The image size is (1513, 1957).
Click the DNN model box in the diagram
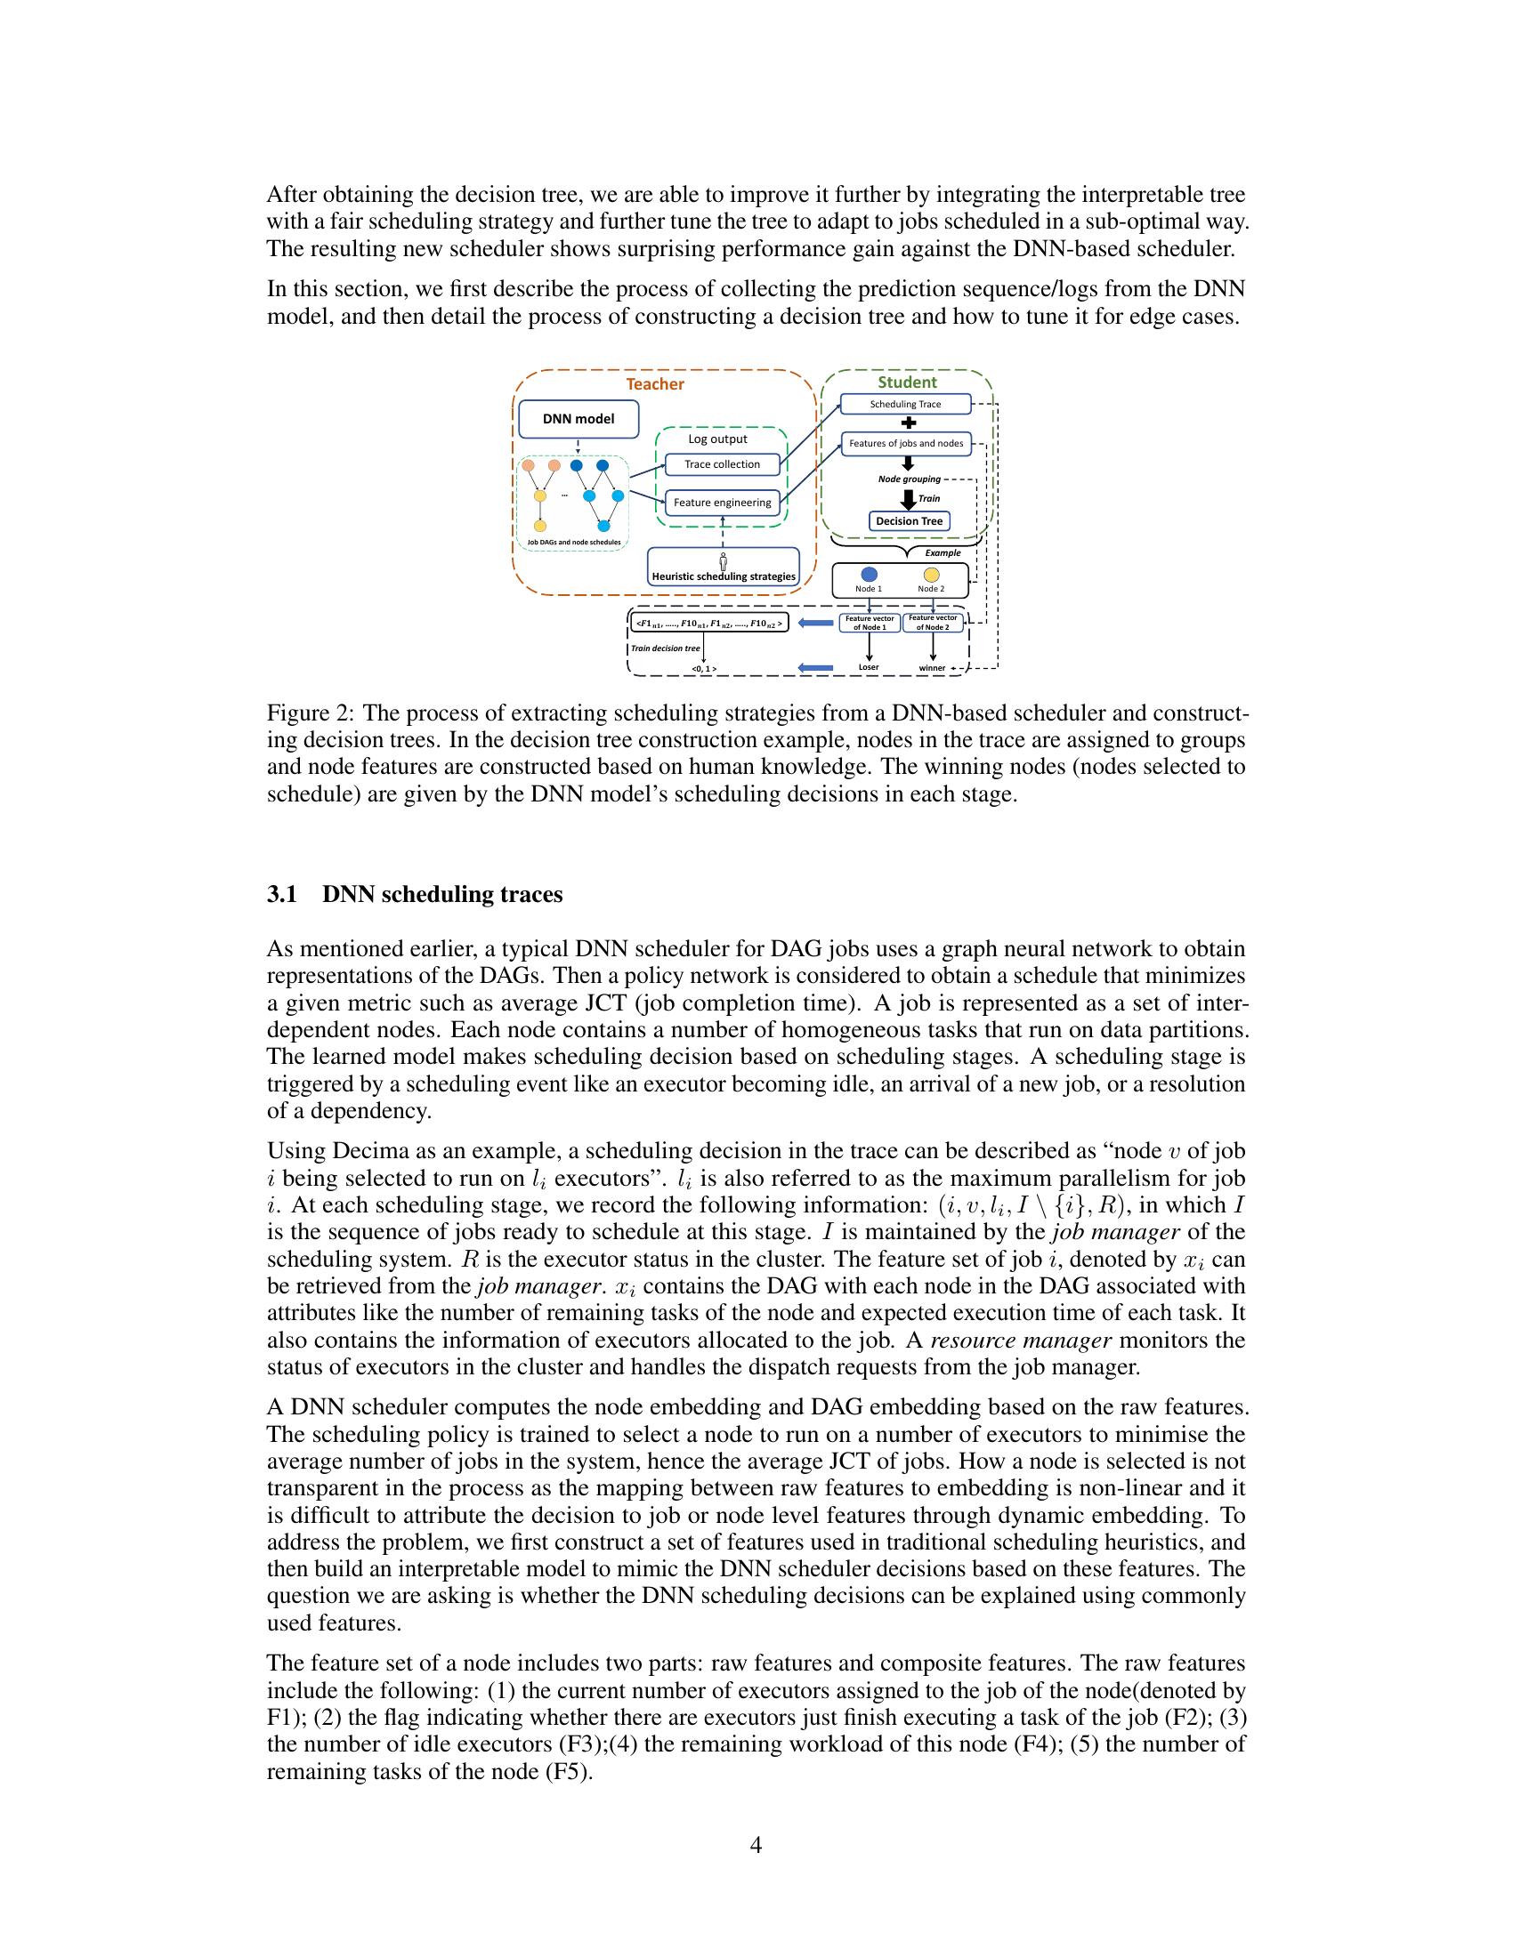click(x=579, y=418)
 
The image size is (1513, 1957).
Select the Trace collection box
click(x=722, y=464)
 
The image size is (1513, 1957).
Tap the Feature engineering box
click(x=722, y=503)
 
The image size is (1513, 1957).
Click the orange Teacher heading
click(x=654, y=384)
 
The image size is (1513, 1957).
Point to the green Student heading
click(x=907, y=383)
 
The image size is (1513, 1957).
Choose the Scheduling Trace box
click(x=905, y=404)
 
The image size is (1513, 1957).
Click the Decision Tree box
click(x=909, y=521)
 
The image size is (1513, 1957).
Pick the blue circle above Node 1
click(x=869, y=575)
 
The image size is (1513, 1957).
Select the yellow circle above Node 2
click(x=931, y=575)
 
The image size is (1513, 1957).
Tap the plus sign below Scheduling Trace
click(x=907, y=423)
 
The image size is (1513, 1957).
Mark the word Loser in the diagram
click(x=869, y=667)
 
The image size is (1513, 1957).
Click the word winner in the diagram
click(x=932, y=668)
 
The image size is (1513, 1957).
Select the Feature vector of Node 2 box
click(x=933, y=623)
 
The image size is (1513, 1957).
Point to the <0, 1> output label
click(x=704, y=668)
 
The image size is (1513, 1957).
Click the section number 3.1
click(x=281, y=895)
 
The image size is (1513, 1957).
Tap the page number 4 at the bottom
click(x=756, y=1845)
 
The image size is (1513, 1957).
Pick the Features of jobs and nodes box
click(x=905, y=444)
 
